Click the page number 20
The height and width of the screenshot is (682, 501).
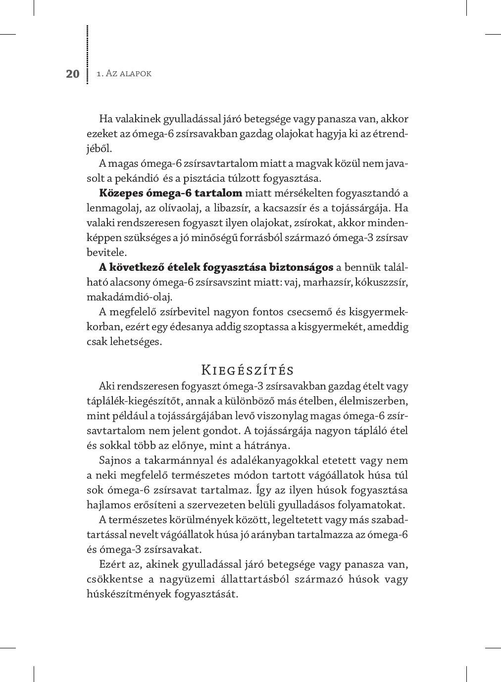pyautogui.click(x=72, y=74)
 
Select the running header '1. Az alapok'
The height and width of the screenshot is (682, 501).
pyautogui.click(x=124, y=74)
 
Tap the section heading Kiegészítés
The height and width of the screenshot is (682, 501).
pyautogui.click(x=248, y=370)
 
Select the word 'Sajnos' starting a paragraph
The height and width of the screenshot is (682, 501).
pyautogui.click(x=113, y=460)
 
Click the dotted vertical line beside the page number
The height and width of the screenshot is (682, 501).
pyautogui.click(x=88, y=54)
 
